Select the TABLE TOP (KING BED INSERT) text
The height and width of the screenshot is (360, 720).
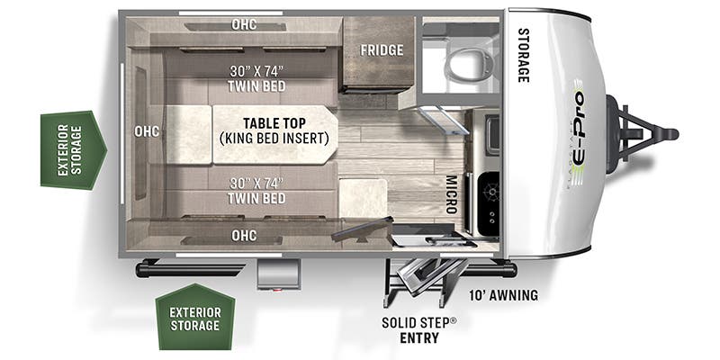tap(274, 131)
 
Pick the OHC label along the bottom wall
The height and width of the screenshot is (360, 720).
tap(243, 236)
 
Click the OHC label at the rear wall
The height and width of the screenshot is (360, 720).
tap(147, 131)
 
